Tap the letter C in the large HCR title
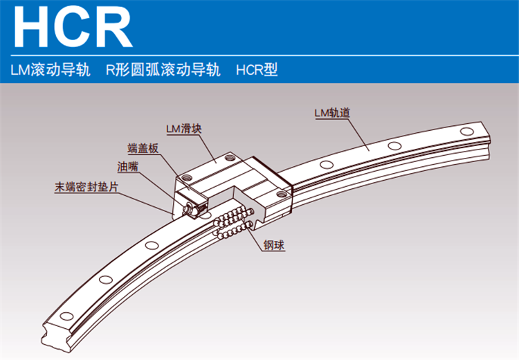[75, 26]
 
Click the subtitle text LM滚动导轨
[50, 70]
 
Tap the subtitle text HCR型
[257, 70]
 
